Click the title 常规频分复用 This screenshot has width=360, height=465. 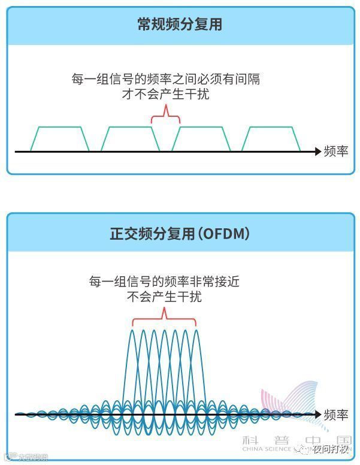tap(180, 24)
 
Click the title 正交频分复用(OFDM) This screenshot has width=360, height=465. tap(180, 234)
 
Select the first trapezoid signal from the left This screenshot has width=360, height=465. tap(59, 139)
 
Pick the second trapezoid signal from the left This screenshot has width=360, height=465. tap(129, 139)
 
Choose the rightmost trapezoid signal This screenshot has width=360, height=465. tap(271, 139)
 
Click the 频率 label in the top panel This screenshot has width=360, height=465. tap(335, 151)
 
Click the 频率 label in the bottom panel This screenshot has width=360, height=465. tap(335, 414)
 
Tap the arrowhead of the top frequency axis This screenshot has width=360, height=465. tap(317, 152)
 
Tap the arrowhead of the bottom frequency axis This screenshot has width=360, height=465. tap(317, 414)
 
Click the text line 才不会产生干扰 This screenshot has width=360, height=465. tap(165, 94)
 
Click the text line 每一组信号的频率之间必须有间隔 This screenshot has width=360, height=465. tap(165, 79)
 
